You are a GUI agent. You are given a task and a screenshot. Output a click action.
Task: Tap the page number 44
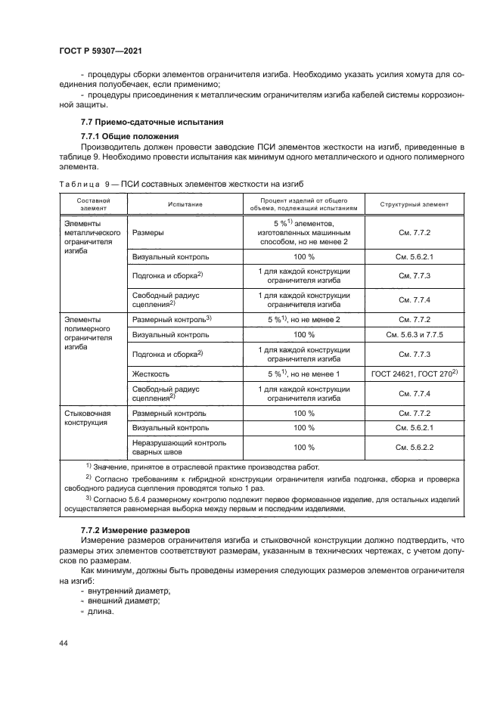pyautogui.click(x=63, y=642)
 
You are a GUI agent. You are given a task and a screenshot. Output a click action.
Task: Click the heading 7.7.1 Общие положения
pyautogui.click(x=129, y=136)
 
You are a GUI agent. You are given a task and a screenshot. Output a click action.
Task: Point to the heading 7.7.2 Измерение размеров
pyautogui.click(x=135, y=532)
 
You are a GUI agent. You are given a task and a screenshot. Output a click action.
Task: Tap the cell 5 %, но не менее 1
pyautogui.click(x=303, y=374)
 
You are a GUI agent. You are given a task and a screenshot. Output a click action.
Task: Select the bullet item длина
pyautogui.click(x=101, y=612)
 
